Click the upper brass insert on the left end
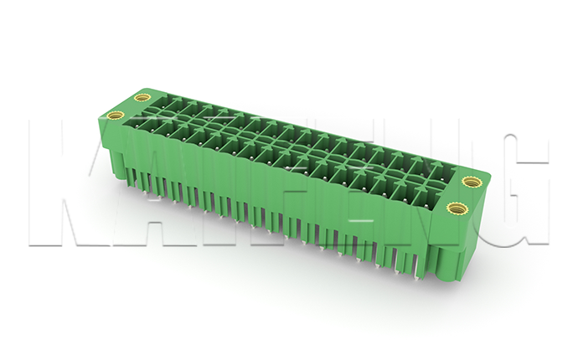[x=137, y=98]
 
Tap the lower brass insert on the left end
[x=116, y=115]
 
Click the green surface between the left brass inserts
[x=126, y=106]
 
